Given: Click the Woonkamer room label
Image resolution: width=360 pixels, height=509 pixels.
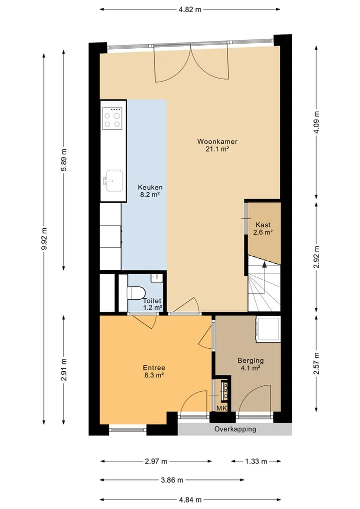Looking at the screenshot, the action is click(x=217, y=145).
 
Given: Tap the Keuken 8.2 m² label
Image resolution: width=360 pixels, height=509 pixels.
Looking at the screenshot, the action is click(x=150, y=191).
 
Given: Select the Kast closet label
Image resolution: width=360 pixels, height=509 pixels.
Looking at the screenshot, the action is click(x=262, y=228).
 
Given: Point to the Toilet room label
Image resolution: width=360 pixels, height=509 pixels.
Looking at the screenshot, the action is click(x=152, y=304).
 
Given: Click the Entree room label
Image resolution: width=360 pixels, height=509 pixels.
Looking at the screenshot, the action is click(x=154, y=371).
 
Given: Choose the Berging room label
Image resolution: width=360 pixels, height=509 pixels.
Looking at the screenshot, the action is click(x=250, y=364).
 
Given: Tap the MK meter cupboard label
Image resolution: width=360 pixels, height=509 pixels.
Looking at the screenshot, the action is click(x=222, y=408).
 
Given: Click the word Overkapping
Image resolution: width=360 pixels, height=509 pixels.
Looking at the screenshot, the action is click(x=235, y=429).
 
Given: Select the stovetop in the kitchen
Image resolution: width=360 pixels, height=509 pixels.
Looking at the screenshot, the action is click(x=112, y=119).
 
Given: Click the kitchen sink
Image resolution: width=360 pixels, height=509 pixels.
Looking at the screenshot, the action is click(x=113, y=181).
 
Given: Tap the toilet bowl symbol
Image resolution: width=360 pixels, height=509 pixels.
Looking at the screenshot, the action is click(x=135, y=293).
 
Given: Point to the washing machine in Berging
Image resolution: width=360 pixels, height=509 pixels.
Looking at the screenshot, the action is click(x=268, y=329).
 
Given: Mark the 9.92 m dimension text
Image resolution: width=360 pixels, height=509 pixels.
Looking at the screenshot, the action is click(x=44, y=239).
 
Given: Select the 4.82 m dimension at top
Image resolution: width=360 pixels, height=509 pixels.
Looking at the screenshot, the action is click(x=189, y=10).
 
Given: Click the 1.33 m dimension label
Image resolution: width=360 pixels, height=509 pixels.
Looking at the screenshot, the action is click(x=256, y=461).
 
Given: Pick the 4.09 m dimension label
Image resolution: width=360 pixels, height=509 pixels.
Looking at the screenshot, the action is click(x=316, y=122).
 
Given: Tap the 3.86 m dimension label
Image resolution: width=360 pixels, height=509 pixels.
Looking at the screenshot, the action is click(x=172, y=480).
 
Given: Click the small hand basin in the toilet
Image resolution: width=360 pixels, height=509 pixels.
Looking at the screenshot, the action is click(x=157, y=278).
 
